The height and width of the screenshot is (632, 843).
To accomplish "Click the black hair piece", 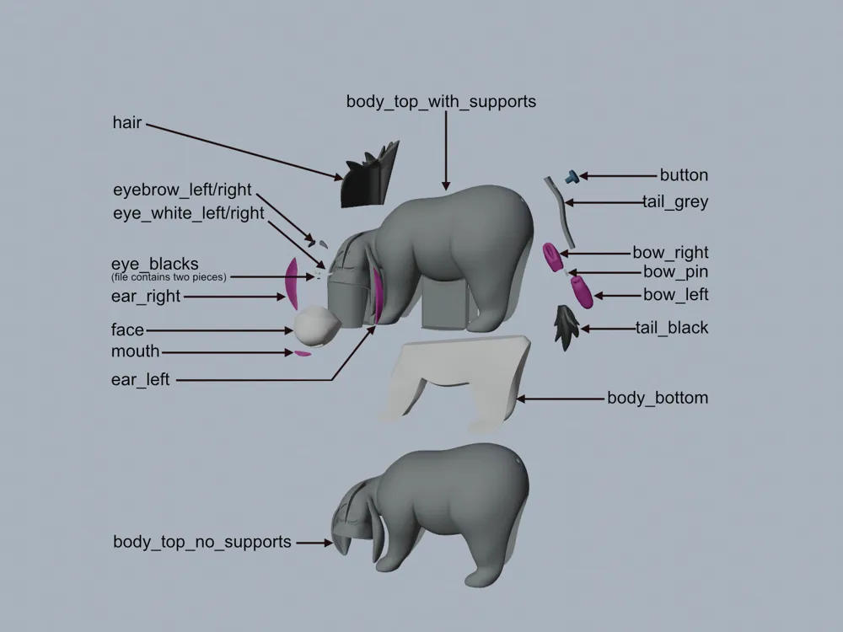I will pos(368,180).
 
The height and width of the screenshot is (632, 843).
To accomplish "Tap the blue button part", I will pos(572,175).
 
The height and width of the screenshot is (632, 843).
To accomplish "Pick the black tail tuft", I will pos(566,324).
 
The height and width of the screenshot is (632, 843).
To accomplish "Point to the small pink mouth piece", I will pos(302,353).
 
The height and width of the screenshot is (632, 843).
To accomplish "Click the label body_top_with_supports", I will pos(441,102).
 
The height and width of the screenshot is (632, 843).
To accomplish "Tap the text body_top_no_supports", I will pos(202,542).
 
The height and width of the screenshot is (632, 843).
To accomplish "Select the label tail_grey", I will pos(674,202).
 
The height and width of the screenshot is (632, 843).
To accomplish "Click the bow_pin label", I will pos(675,272).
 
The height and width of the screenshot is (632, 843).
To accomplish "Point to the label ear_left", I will pos(140,380).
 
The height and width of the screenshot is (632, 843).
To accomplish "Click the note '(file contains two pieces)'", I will pos(169,277).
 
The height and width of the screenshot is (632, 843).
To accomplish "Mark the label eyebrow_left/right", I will pos(182,190).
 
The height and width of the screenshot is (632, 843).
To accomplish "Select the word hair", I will pos(127,123).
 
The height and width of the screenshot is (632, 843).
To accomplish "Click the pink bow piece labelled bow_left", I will pos(581,293).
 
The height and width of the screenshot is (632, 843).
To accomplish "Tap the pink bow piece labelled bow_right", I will pos(552,255).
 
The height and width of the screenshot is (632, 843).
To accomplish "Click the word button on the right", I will pos(684,175).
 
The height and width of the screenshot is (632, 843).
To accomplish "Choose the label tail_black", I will pos(672,328).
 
